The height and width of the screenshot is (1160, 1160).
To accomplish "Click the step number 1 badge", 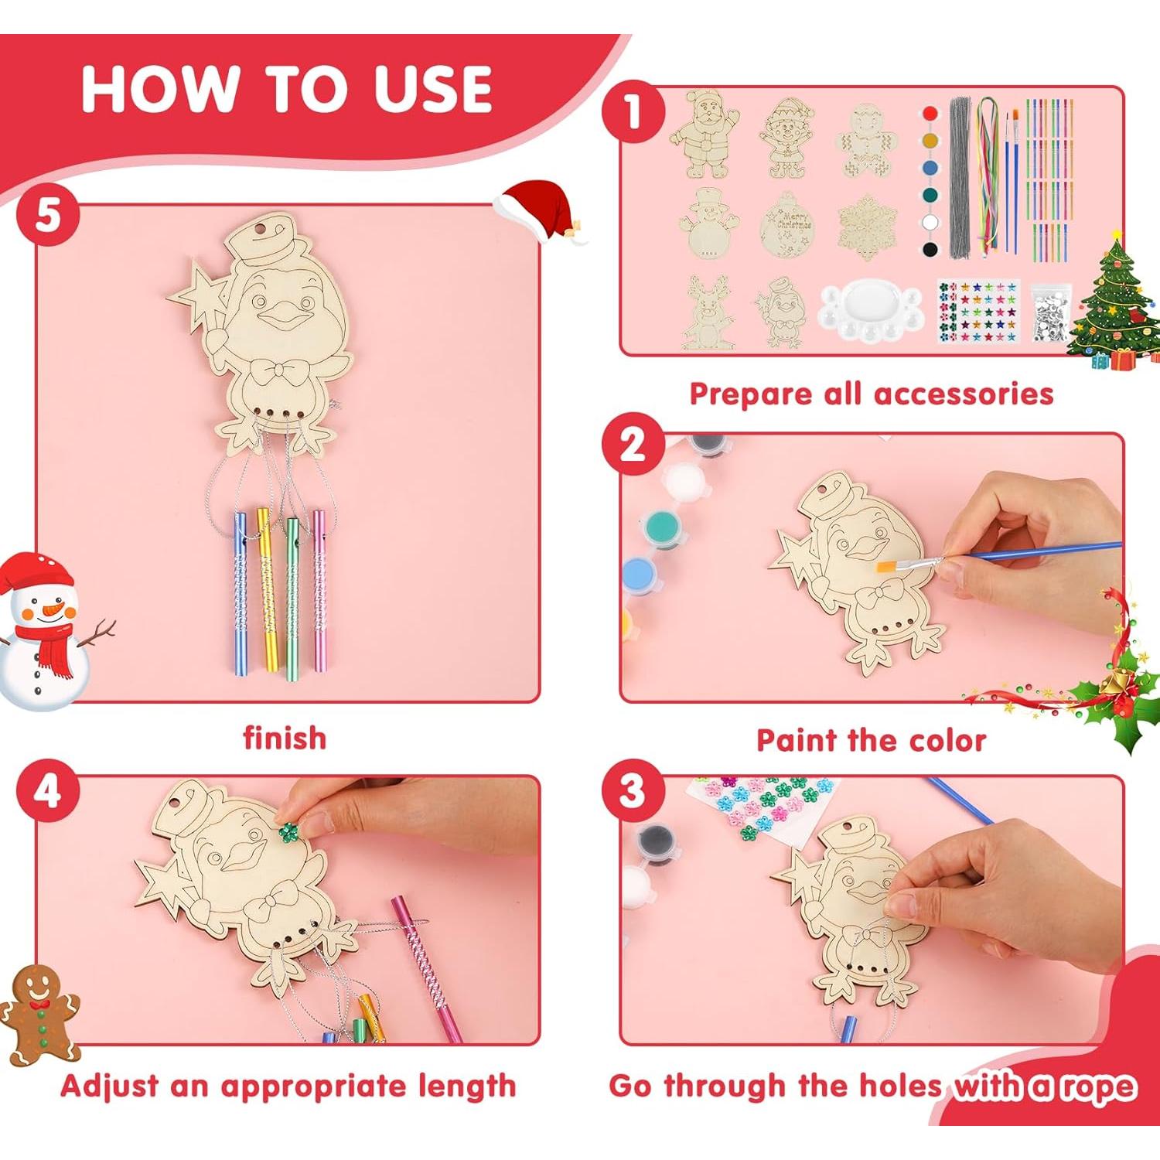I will (x=633, y=111).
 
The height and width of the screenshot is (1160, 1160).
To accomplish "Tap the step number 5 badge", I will (x=48, y=214).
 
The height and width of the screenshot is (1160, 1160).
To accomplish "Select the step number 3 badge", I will (x=633, y=790).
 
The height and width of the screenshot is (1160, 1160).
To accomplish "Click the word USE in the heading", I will (x=433, y=89).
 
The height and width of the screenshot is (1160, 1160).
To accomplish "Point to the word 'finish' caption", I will (x=285, y=738).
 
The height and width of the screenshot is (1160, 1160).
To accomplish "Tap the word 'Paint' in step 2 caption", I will (x=797, y=740).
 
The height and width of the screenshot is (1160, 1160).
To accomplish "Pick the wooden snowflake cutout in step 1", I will (x=867, y=226).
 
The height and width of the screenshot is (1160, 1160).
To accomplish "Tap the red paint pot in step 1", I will (x=930, y=114).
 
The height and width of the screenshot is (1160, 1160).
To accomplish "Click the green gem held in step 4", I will (x=288, y=832).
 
